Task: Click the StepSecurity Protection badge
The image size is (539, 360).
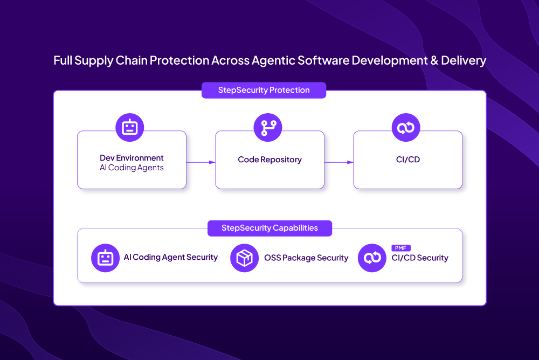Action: tap(264, 90)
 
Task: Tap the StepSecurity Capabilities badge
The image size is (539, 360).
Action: tap(269, 228)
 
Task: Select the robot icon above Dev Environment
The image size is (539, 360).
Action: tap(129, 128)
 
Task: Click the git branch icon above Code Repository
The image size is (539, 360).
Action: tap(268, 128)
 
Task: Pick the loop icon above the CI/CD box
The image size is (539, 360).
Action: tap(405, 128)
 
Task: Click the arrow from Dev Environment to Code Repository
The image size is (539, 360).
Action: tap(201, 162)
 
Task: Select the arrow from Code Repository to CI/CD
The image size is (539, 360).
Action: tap(338, 162)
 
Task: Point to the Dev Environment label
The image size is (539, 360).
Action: tap(132, 158)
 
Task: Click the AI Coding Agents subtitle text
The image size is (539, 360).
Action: tap(132, 168)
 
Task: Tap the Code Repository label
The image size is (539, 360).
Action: tap(269, 160)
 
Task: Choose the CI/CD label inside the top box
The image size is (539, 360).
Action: tap(407, 160)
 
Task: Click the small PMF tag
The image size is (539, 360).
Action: tap(401, 248)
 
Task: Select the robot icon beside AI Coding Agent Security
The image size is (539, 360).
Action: tap(105, 258)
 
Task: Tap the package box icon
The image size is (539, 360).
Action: tap(244, 258)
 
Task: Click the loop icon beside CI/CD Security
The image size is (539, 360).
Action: tap(372, 258)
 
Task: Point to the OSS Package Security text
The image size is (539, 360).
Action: tap(306, 258)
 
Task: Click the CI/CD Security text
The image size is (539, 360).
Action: tap(420, 258)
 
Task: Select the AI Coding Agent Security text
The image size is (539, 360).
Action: tap(171, 258)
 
